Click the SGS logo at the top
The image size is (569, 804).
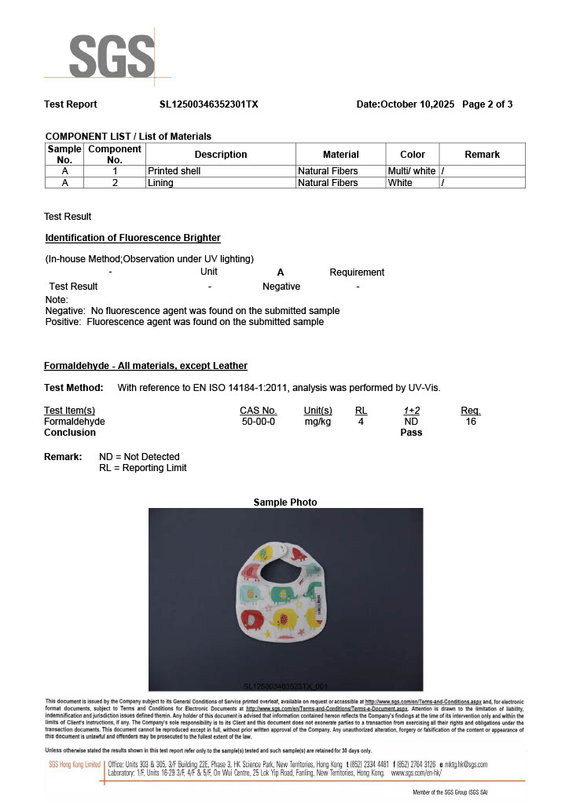pos(111,57)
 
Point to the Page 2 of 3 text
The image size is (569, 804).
pos(487,104)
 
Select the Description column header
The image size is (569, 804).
pos(221,155)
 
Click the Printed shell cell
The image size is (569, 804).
pos(174,171)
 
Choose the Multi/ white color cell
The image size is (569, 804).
pos(412,171)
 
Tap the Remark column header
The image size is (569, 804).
pos(482,155)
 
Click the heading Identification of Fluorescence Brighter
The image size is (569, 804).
pos(133,238)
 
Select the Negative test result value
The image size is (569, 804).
pos(281,287)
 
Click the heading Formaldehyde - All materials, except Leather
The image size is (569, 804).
pos(145,366)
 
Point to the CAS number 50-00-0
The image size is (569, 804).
pos(258,422)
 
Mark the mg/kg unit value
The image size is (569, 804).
pos(318,422)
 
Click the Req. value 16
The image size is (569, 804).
pos(470,422)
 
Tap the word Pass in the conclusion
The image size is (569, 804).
pos(411,433)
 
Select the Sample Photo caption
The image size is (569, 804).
pos(285,502)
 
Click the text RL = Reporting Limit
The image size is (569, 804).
pos(143,468)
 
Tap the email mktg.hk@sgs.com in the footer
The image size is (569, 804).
pos(466,765)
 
